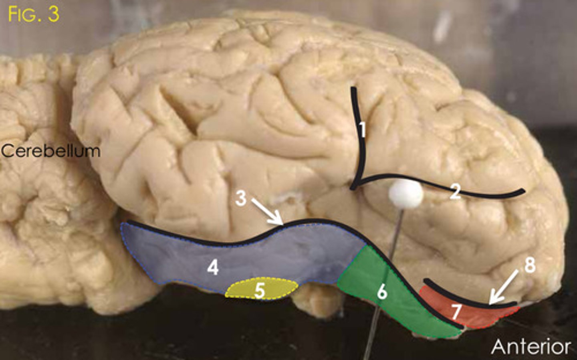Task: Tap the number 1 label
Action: pyautogui.click(x=362, y=129)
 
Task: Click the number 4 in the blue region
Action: pyautogui.click(x=213, y=267)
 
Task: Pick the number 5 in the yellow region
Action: pyautogui.click(x=260, y=291)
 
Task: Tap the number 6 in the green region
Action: pyautogui.click(x=382, y=292)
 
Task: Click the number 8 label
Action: pyautogui.click(x=530, y=265)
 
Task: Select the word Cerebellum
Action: pyautogui.click(x=50, y=151)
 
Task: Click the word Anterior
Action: pyautogui.click(x=531, y=346)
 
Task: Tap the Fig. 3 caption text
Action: pyautogui.click(x=34, y=14)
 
